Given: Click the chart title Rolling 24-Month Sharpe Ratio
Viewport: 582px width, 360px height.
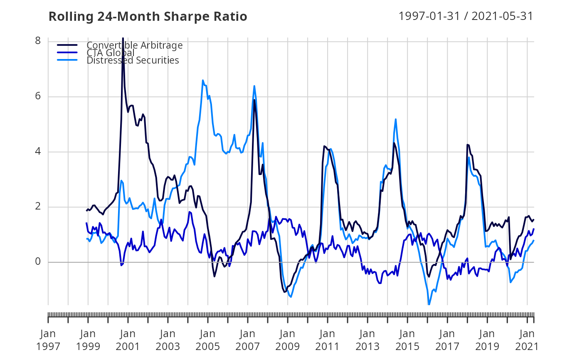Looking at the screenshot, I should point(148,16).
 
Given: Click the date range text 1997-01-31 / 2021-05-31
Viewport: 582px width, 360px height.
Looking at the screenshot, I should point(466,16).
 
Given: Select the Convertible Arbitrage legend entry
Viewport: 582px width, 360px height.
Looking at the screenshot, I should point(134,45).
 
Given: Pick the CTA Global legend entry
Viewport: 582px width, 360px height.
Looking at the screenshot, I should point(110,53).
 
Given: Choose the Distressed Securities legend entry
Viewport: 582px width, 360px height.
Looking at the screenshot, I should point(133,60).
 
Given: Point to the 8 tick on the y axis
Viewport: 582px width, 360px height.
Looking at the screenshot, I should point(38,41).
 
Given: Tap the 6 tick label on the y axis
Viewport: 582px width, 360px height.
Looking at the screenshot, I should point(38,96).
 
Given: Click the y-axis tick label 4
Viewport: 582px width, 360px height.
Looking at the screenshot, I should point(38,152).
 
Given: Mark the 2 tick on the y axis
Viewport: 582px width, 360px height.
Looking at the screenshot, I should point(38,207).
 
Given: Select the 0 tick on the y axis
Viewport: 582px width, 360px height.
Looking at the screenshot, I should point(38,262).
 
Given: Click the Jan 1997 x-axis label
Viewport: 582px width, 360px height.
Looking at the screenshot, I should point(48,340).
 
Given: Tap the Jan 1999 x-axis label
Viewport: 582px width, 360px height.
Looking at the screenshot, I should point(88,340).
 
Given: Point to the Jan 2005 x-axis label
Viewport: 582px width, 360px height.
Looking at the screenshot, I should point(208,340).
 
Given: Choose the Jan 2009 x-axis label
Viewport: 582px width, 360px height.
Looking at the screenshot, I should point(288,340).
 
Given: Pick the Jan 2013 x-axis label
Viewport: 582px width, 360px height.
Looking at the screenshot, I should point(367,340).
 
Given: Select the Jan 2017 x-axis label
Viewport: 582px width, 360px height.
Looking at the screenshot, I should point(447,340).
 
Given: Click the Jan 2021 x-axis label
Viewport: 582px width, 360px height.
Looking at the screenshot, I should point(527,340).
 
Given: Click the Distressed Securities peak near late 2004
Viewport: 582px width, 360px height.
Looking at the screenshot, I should point(202,80).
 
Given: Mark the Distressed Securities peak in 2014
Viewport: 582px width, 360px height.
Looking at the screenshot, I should point(395,119).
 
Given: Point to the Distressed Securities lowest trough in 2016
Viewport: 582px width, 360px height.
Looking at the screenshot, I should point(429,305).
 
